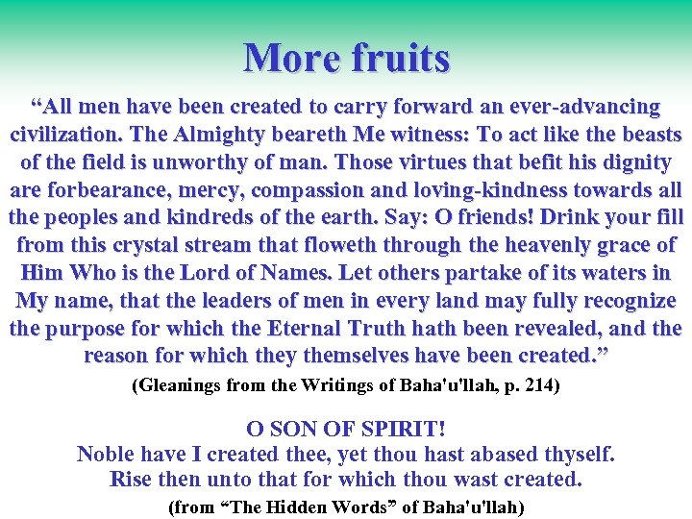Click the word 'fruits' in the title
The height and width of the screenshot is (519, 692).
pos(400,58)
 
